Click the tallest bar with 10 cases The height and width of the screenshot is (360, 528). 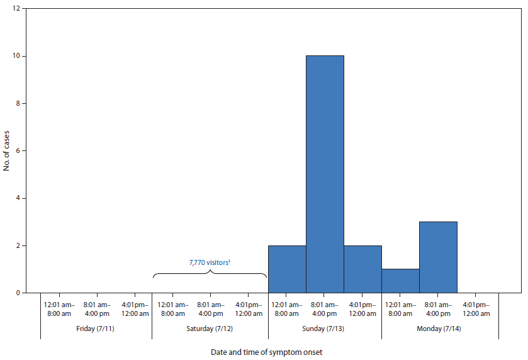click(325, 174)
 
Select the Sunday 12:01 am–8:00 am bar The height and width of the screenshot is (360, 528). click(287, 269)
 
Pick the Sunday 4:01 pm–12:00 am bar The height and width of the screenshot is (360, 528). click(362, 269)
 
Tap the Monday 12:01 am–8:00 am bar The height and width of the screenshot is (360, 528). click(400, 281)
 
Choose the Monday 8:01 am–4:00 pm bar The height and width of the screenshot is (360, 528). click(438, 257)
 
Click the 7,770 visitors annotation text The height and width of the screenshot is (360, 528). click(210, 262)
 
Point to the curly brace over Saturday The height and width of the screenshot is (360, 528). click(210, 273)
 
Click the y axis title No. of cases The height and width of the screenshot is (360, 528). click(6, 151)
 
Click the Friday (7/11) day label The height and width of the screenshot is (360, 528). click(96, 329)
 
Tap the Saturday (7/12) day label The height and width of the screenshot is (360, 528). click(210, 329)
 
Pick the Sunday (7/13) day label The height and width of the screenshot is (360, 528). click(325, 329)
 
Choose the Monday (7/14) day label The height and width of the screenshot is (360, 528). click(439, 329)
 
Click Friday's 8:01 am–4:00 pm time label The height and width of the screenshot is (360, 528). click(96, 309)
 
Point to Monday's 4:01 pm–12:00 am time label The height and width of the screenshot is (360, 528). click(476, 309)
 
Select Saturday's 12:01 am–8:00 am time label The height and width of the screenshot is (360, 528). click(172, 309)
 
